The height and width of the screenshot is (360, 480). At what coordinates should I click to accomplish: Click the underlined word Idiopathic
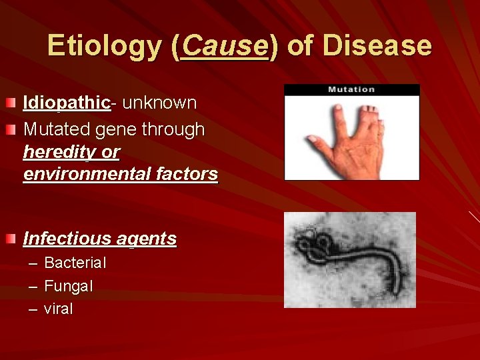(66, 103)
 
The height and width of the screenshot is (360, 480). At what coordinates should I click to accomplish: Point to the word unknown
(159, 103)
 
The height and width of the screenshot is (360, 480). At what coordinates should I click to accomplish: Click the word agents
(147, 239)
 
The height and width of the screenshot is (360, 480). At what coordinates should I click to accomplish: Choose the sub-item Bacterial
(75, 263)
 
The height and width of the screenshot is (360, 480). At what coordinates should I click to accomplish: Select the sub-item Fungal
(68, 287)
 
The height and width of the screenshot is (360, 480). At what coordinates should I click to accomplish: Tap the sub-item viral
(59, 309)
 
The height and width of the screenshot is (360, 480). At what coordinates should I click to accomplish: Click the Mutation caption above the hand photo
(351, 89)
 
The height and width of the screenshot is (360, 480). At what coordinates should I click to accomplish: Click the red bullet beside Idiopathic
(11, 103)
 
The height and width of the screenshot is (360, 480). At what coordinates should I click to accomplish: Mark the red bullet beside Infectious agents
(11, 239)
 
